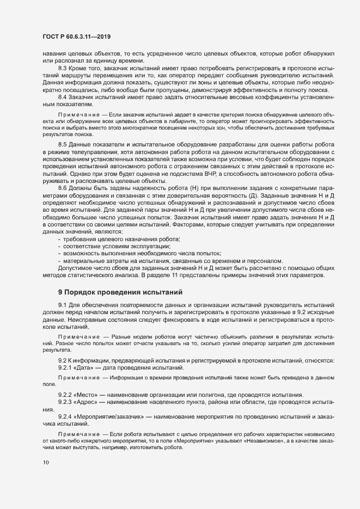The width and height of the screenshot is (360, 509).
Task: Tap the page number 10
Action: click(46, 462)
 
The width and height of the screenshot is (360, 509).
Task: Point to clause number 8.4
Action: click(63, 96)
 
